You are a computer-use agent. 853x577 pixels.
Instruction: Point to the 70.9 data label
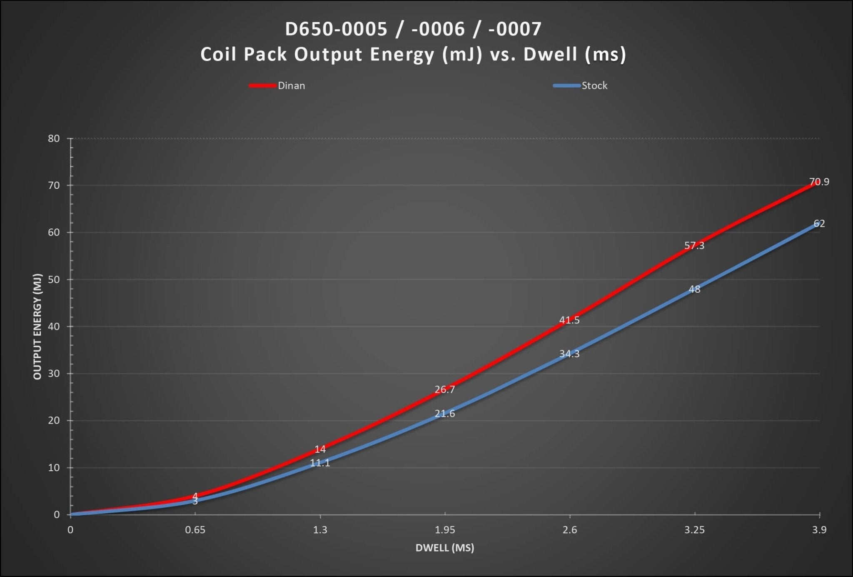819,182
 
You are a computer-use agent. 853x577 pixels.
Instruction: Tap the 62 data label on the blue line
819,223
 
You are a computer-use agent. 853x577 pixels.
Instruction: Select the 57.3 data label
694,246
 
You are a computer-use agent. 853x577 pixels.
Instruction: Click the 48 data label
694,289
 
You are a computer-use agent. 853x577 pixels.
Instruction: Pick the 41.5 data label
569,320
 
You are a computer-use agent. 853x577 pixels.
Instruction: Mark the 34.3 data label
569,354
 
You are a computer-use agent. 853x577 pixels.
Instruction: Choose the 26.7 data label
445,389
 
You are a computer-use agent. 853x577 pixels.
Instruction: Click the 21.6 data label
445,414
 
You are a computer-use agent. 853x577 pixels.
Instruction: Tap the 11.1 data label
320,463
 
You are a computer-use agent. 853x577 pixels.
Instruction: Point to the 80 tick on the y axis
54,138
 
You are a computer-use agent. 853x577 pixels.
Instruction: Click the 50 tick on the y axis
54,279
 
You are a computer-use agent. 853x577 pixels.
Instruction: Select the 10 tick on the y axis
54,468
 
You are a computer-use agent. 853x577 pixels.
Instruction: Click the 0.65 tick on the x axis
195,530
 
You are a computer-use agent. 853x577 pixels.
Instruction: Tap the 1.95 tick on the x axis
445,530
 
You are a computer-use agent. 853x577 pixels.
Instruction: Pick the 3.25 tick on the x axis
694,530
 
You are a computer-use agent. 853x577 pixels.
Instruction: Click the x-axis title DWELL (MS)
445,548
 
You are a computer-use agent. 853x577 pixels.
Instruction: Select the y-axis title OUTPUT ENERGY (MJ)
37,326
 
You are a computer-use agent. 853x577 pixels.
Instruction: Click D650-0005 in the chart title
336,29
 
